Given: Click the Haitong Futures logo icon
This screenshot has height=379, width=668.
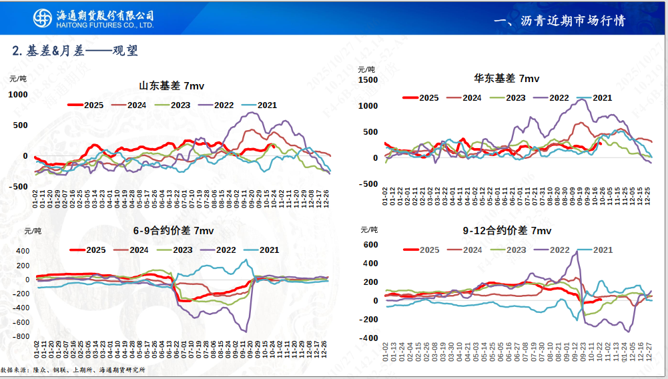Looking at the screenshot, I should (44, 19).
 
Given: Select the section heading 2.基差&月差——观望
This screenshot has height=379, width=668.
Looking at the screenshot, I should (75, 51).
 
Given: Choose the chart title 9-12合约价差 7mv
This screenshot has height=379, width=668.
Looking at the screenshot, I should (507, 231).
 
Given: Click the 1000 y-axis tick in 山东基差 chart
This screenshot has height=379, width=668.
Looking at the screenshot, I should (18, 95).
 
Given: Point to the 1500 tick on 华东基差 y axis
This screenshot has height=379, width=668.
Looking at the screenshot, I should (368, 80).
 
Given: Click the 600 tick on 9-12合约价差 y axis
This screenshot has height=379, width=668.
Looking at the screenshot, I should (370, 245).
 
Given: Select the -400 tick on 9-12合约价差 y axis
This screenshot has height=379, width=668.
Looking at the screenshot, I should (368, 338).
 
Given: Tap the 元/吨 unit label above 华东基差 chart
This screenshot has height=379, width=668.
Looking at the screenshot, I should (366, 69).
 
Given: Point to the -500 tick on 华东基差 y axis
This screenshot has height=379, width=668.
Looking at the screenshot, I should (368, 184).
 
